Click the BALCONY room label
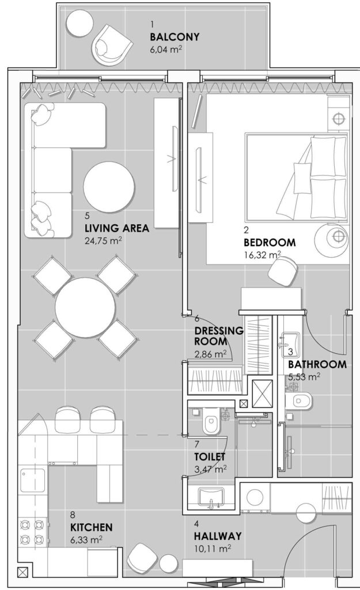coord(175,37)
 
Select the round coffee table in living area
coord(109,187)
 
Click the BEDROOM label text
coord(270,242)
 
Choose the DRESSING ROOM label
coord(219,336)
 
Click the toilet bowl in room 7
coord(211,424)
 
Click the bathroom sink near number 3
coord(290,343)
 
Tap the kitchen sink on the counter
coord(32,479)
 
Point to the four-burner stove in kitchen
coord(32,531)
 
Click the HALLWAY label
coord(218,536)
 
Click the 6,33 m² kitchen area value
coord(86,539)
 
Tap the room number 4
coord(196,523)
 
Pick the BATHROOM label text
coord(317,364)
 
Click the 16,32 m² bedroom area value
coord(263,255)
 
